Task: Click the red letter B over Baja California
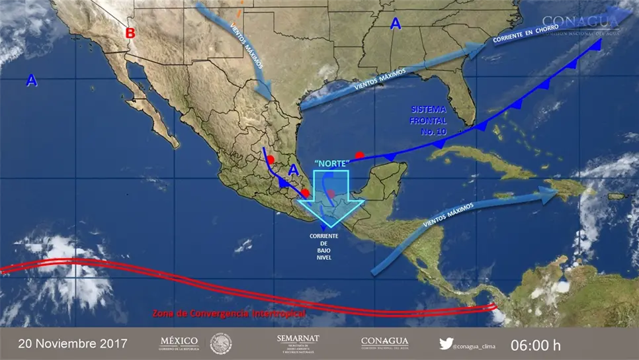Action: coord(131,32)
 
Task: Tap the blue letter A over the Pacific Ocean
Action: coord(31,81)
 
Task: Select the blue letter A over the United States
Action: coord(396,24)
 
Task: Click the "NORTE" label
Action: coord(331,163)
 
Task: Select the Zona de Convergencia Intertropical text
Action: coord(229,312)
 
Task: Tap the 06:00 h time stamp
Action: coord(536,345)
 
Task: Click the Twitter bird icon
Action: coord(447,343)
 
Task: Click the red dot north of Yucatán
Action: coord(359,156)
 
